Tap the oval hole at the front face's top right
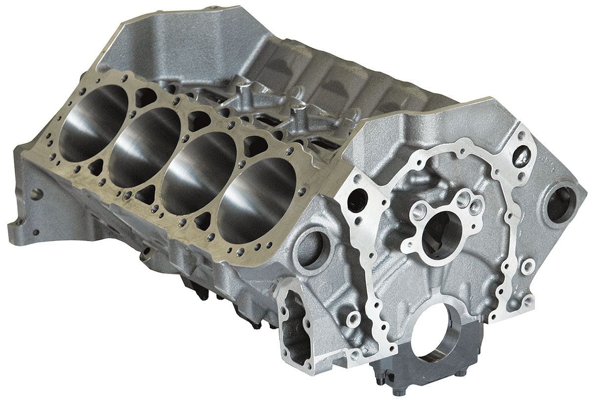(x=518, y=155)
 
